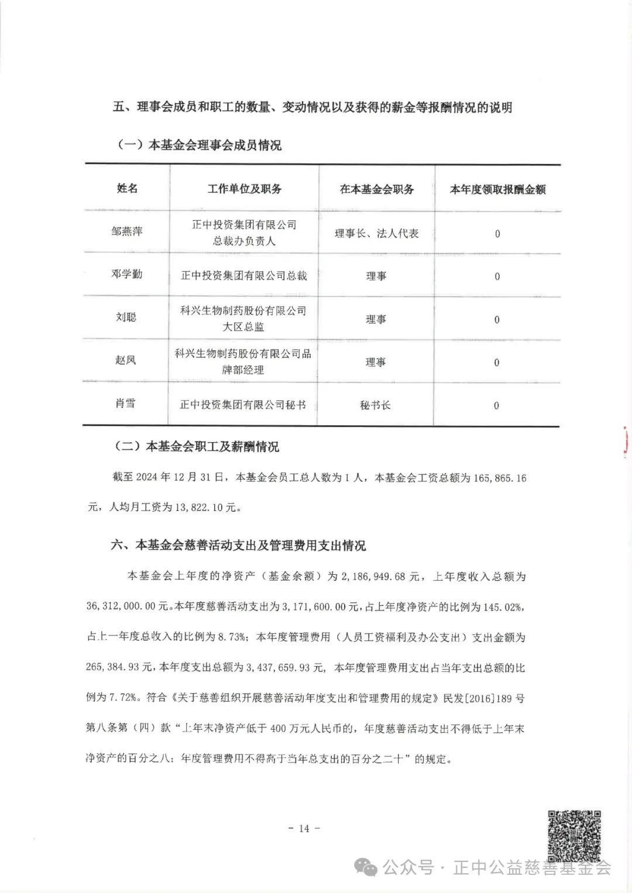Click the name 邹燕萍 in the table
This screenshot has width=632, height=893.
coord(127,231)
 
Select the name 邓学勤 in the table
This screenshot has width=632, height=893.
coord(127,274)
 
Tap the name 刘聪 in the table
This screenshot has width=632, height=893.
coord(126,317)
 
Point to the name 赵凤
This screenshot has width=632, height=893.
coord(125,360)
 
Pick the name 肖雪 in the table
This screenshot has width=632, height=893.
coord(125,403)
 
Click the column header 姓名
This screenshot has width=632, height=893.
coord(127,188)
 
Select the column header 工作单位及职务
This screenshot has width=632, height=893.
coord(244,189)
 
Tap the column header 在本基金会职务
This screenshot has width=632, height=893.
coord(376,189)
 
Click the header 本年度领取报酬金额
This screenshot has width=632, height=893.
coord(497,189)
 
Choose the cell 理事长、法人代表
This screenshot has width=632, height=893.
coord(376,233)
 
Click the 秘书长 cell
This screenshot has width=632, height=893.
coord(375,405)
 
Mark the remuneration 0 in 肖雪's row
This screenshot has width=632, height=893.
coord(496,406)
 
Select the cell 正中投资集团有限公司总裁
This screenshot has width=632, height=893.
coord(243,275)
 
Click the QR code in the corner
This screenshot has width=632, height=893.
coord(574,836)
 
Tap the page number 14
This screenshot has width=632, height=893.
coord(304,828)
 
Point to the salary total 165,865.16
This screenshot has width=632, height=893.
coord(500,478)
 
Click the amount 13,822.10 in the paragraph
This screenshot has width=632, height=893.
coord(198,508)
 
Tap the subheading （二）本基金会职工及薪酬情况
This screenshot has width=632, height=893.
coord(196,447)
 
